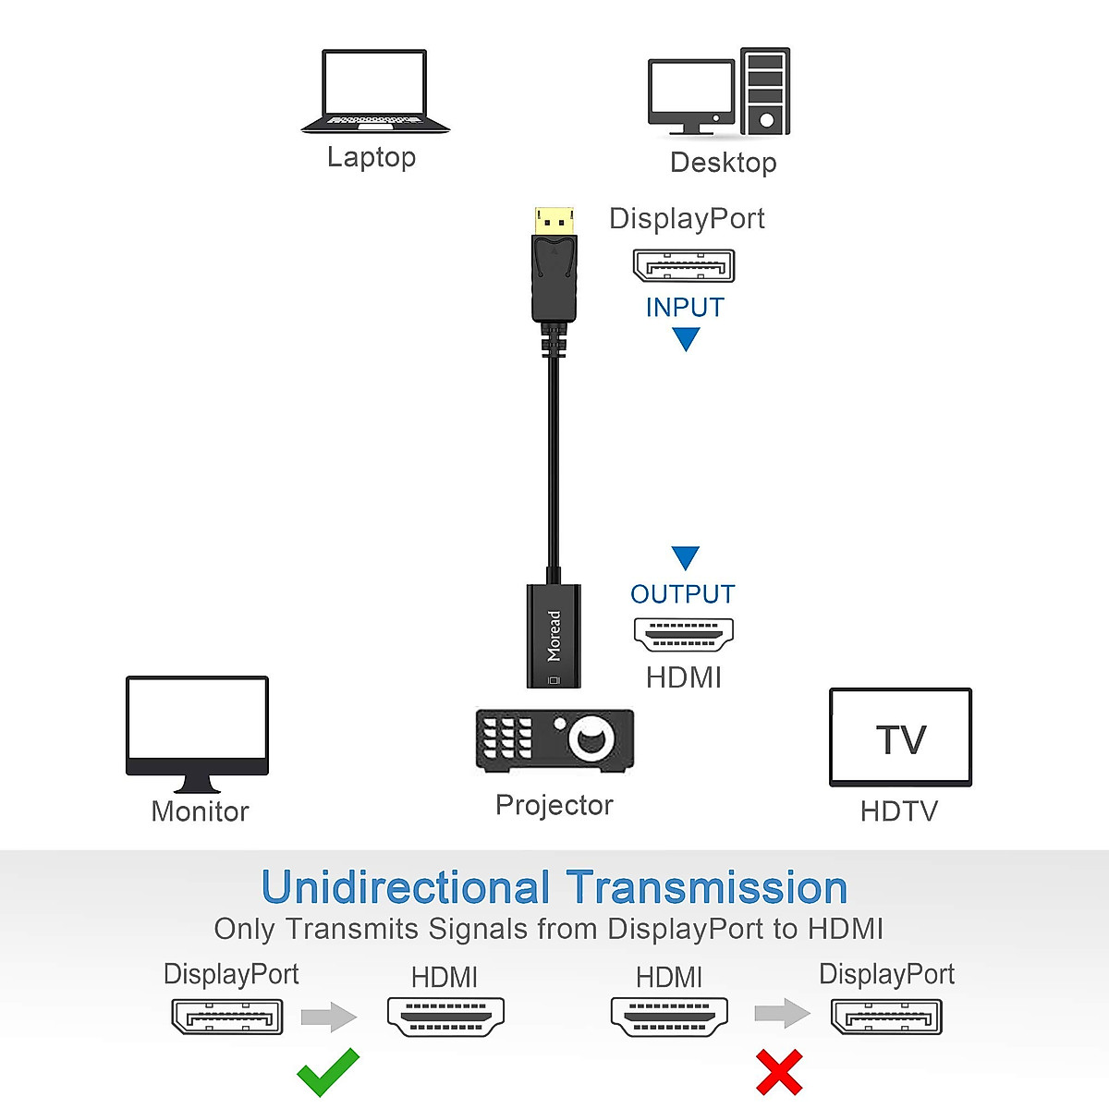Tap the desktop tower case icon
pos(765,91)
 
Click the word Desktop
pos(723,163)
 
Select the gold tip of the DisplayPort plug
pos(554,221)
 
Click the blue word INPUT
pos(685,308)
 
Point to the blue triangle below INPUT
pos(686,338)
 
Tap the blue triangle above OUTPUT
pos(685,556)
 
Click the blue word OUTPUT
pos(683,594)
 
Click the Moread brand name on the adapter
pos(554,636)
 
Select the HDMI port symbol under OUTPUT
pos(684,634)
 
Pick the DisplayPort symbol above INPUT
pos(684,266)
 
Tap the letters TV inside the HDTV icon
pos(901,740)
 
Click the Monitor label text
pos(200,811)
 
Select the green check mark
pos(328,1072)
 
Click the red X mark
pos(779,1072)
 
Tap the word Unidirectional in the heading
pos(406,888)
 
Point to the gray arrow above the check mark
pos(328,1017)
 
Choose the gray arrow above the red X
pos(782,1013)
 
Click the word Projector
pos(554,805)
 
